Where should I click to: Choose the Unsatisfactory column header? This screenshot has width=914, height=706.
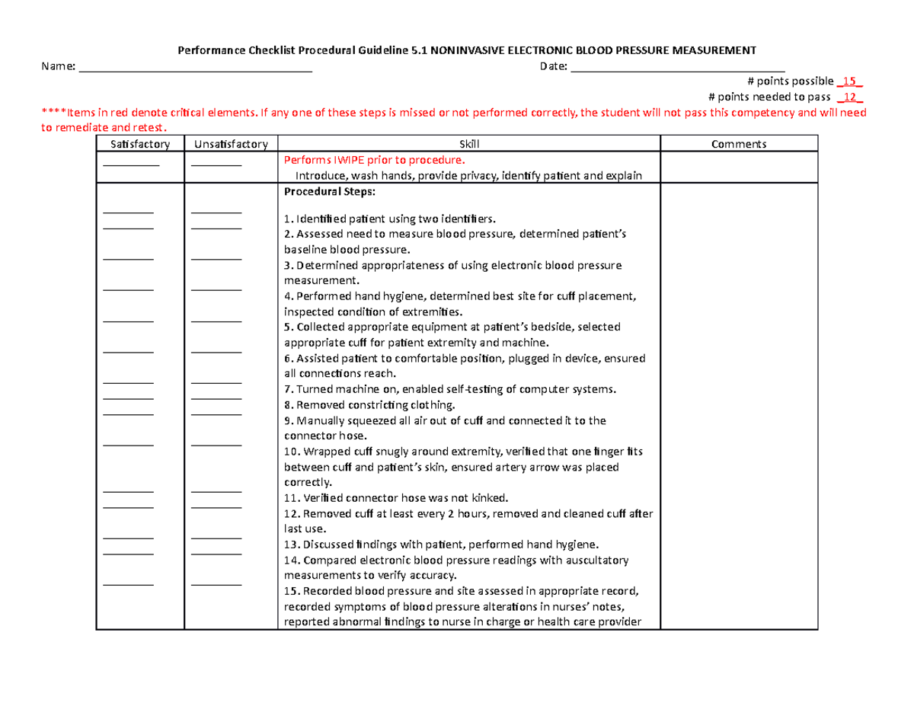231,144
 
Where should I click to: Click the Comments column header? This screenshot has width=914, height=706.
738,144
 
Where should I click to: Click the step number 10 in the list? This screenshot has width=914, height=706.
290,452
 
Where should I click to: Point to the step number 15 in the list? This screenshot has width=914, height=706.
290,590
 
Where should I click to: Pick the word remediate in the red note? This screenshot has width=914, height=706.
80,128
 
